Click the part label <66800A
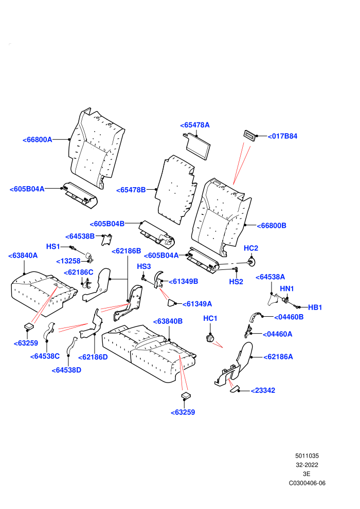click(x=38, y=139)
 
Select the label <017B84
click(x=282, y=136)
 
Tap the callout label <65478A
click(x=195, y=125)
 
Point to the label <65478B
click(x=131, y=190)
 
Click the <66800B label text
click(x=272, y=226)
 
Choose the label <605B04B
click(x=107, y=224)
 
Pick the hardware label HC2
click(x=251, y=248)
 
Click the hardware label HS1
click(x=53, y=246)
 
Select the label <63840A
click(x=23, y=256)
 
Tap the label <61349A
click(x=197, y=304)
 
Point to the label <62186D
click(x=93, y=357)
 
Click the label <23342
click(x=263, y=390)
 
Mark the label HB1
click(x=315, y=307)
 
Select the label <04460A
click(x=278, y=334)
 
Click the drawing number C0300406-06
click(x=307, y=483)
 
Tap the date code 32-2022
click(x=307, y=465)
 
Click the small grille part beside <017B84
click(x=250, y=136)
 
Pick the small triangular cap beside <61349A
click(x=171, y=303)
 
